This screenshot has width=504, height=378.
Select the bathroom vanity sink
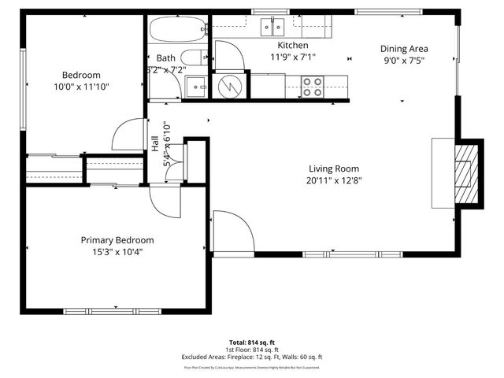tap(195, 85)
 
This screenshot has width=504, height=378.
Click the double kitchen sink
tap(274, 28)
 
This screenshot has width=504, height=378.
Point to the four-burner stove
tap(313, 85)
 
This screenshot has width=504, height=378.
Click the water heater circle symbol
tap(231, 84)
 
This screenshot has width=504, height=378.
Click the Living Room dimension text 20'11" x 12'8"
tap(335, 180)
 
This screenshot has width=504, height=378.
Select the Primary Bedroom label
tap(117, 240)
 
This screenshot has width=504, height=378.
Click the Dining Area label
tap(404, 47)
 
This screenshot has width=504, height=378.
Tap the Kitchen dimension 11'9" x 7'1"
tap(292, 57)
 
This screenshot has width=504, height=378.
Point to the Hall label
tap(155, 143)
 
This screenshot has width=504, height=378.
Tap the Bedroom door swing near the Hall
tap(128, 135)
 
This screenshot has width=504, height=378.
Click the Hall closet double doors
tap(175, 162)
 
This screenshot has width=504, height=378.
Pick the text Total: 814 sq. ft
tap(252, 343)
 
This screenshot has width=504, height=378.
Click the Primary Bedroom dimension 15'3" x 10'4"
tap(117, 252)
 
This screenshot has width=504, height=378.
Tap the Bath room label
tap(166, 57)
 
